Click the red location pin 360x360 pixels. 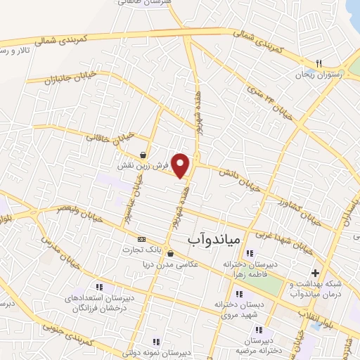point(181,165)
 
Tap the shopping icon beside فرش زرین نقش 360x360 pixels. point(143,155)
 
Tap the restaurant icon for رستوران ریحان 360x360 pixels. point(319,63)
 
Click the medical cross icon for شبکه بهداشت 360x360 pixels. point(315,273)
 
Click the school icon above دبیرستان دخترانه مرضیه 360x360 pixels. point(259,329)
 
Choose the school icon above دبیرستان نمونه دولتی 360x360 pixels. point(167,342)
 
